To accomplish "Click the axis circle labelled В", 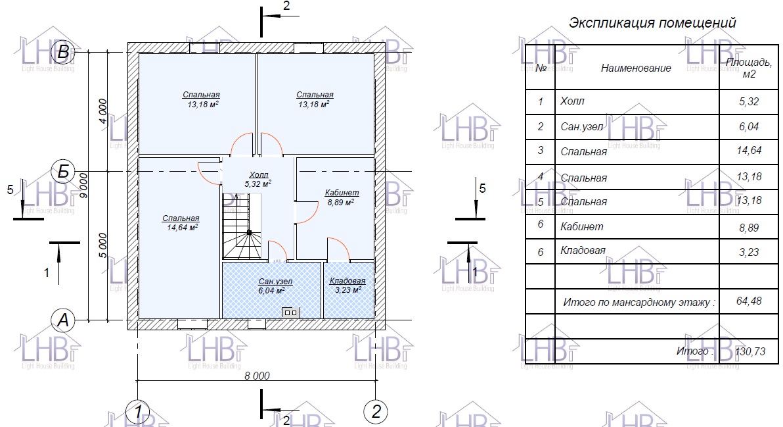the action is coord(63,52).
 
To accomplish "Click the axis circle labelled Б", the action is coord(63,172).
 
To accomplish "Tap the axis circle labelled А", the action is coord(63,320).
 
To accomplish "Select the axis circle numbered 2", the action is coord(376,411).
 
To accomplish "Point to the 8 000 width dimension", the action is coord(257,376).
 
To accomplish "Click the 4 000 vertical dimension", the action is coord(102,111).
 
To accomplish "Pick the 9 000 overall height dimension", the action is coord(83,185).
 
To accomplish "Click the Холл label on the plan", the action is coord(258,174).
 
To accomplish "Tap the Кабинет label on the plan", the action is coord(342,193).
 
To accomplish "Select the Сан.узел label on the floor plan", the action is coord(275,282).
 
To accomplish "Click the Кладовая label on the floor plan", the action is coord(347,281).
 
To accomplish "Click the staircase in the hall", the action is coord(242,226).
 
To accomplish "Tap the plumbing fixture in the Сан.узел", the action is coord(290,313).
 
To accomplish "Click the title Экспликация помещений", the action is coord(652,23).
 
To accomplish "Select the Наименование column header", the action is coord(636,68).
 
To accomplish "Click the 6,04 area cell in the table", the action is coord(749,126).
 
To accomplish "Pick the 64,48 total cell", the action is coord(749,301).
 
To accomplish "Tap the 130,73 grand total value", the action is coord(750,351).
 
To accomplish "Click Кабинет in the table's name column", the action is coord(582,226).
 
